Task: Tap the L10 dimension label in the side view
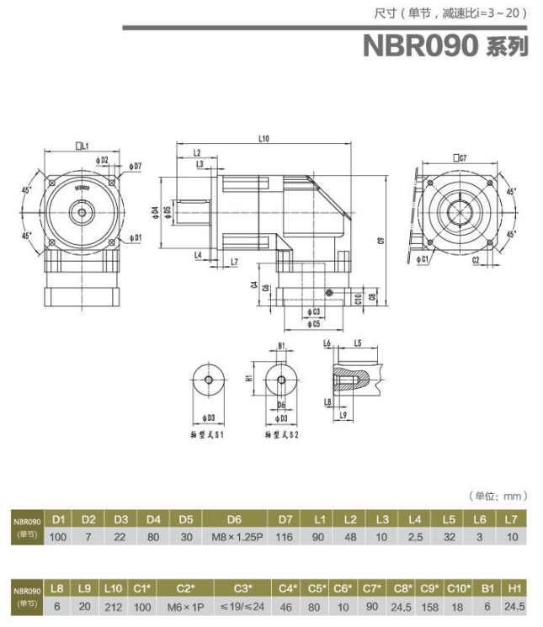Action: pyautogui.click(x=263, y=138)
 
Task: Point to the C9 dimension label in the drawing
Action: pyautogui.click(x=380, y=240)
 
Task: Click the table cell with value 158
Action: pyautogui.click(x=430, y=606)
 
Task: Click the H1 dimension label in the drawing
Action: pyautogui.click(x=249, y=379)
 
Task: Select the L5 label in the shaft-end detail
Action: pyautogui.click(x=358, y=343)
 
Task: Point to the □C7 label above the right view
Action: pyautogui.click(x=460, y=157)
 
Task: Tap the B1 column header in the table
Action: pyautogui.click(x=487, y=587)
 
